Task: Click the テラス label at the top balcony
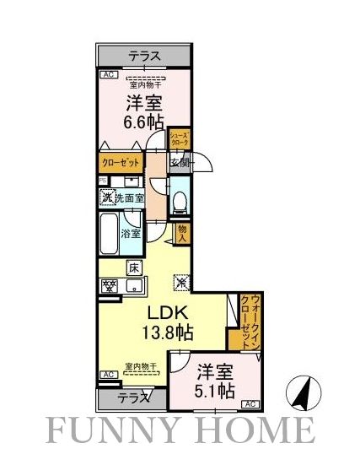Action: pyautogui.click(x=145, y=57)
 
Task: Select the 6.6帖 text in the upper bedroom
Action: pyautogui.click(x=145, y=122)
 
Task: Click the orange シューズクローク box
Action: pyautogui.click(x=179, y=140)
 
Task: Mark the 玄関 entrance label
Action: pyautogui.click(x=180, y=162)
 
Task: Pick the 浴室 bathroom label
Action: pyautogui.click(x=131, y=232)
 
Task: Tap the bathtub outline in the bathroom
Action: pyautogui.click(x=109, y=234)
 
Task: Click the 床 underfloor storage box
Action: pyautogui.click(x=133, y=268)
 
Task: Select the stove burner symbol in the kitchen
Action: pyautogui.click(x=109, y=285)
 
